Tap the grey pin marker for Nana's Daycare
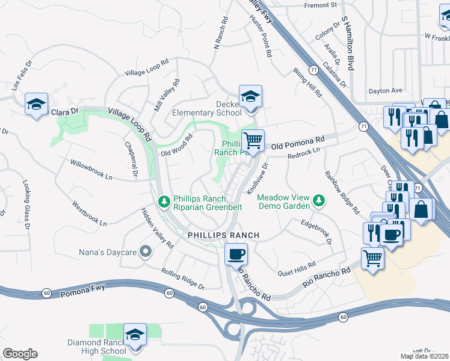(145, 251)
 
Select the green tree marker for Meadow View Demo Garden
(319, 200)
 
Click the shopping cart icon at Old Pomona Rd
(253, 140)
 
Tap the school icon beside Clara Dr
(37, 105)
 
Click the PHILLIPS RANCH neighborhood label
(223, 235)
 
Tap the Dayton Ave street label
(385, 91)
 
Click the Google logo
(20, 354)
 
